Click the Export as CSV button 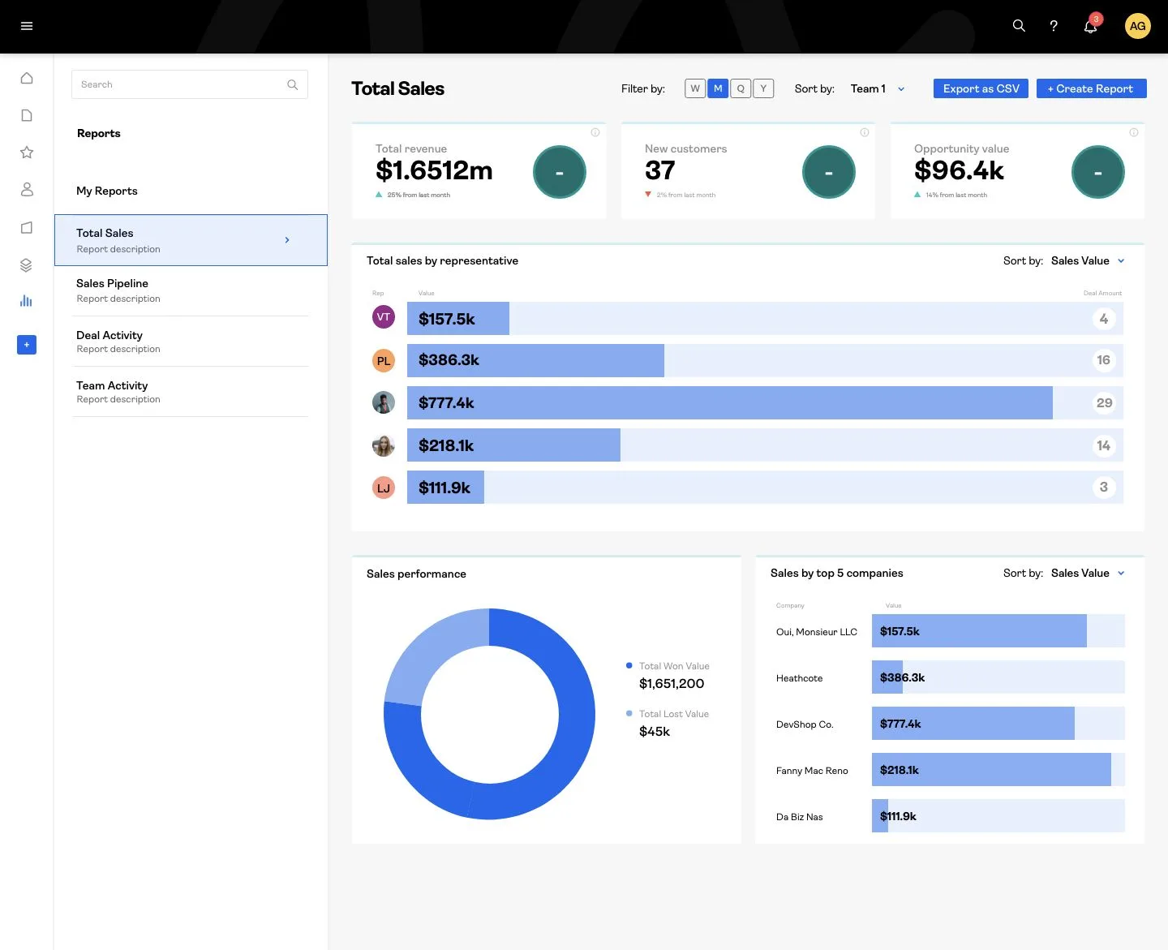pos(981,88)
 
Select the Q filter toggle pos(741,88)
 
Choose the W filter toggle pos(695,88)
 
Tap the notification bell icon pos(1090,27)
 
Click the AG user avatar pos(1137,26)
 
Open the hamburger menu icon pos(27,26)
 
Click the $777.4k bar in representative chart pos(729,403)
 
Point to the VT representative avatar pos(384,317)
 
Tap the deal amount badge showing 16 pos(1103,360)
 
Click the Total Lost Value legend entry pos(673,714)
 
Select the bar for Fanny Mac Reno pos(990,770)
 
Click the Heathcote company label pos(799,678)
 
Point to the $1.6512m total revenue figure pos(434,170)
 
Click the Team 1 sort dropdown pos(877,88)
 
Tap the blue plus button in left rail pos(27,345)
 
